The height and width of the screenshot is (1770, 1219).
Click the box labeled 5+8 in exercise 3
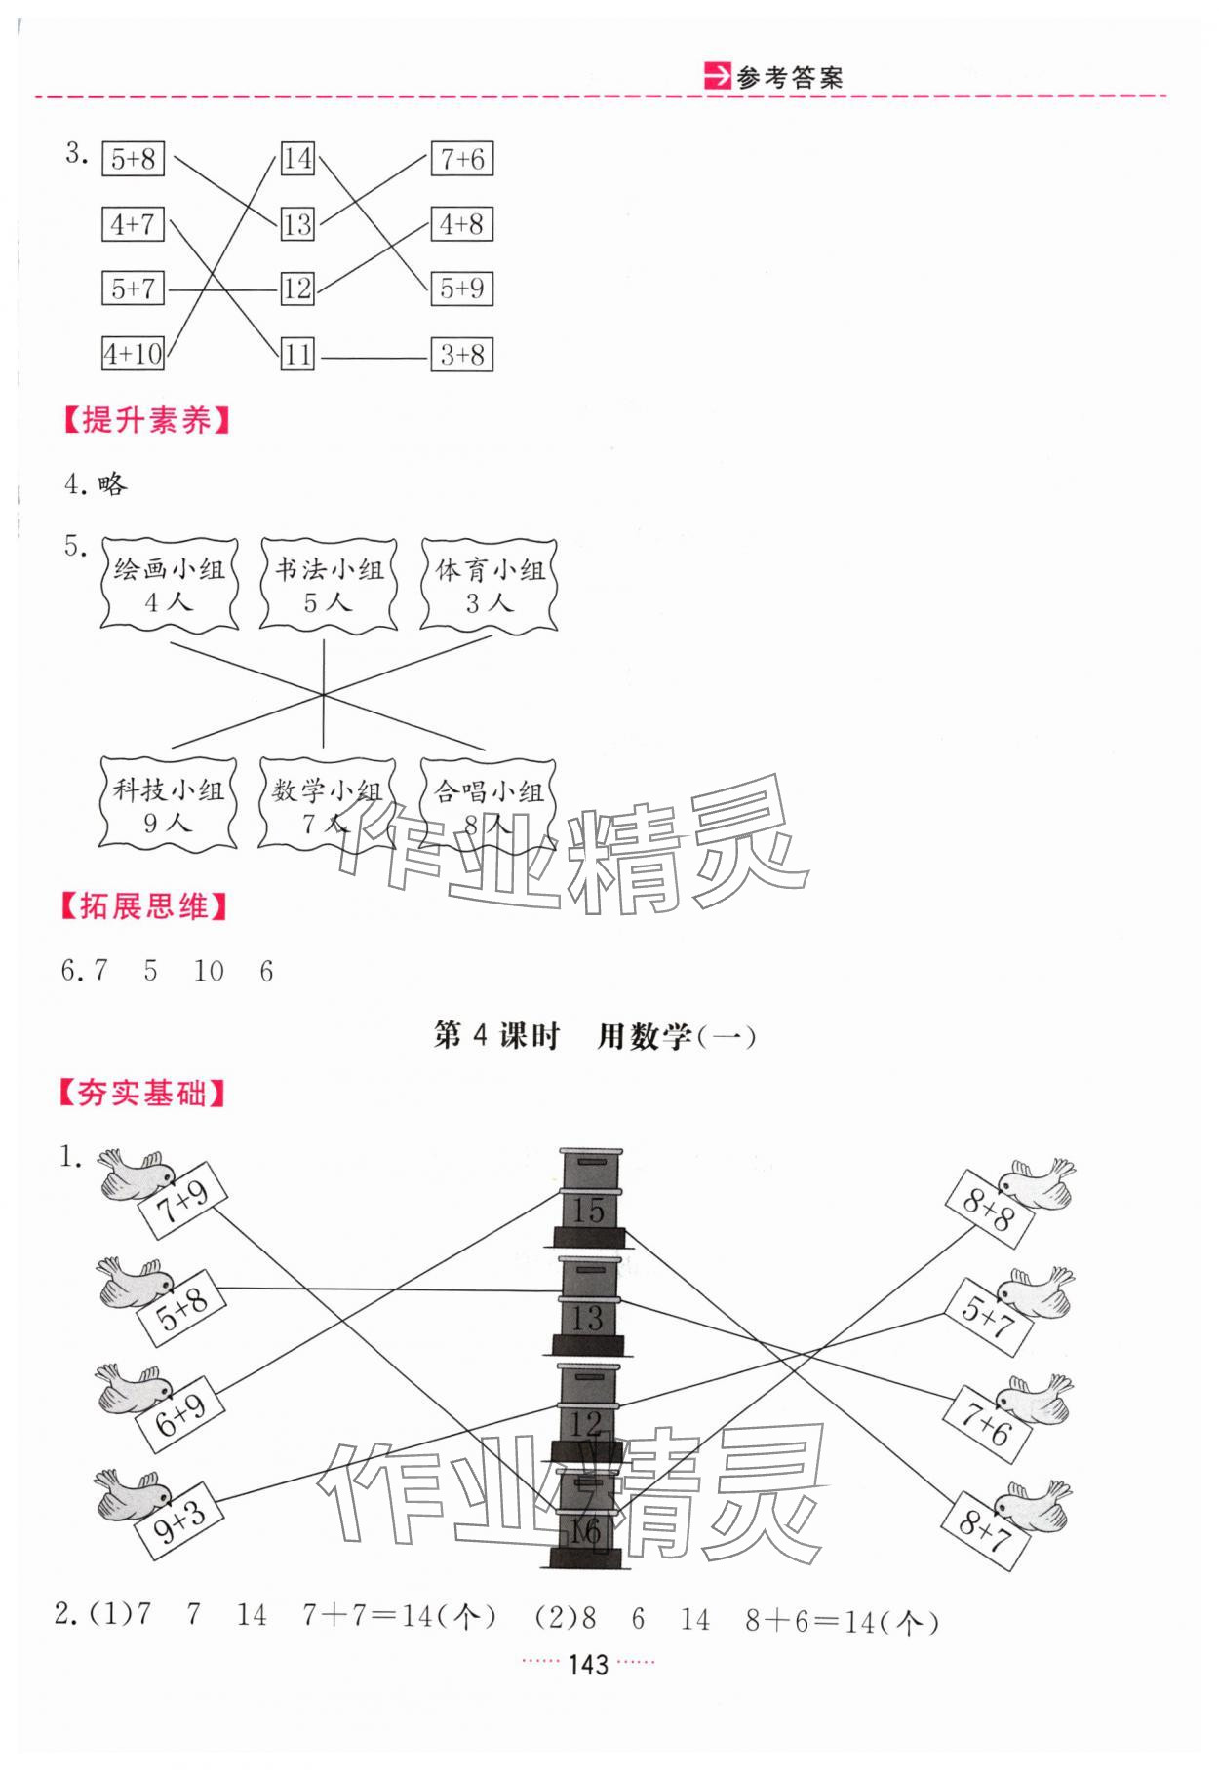pyautogui.click(x=133, y=159)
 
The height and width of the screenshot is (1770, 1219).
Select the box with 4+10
pyautogui.click(x=134, y=353)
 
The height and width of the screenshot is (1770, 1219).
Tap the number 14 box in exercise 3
pyautogui.click(x=297, y=159)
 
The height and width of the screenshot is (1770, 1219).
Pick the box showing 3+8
pyautogui.click(x=461, y=355)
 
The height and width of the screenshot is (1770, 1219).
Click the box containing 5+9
pyautogui.click(x=461, y=289)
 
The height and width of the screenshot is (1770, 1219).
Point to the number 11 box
pyautogui.click(x=297, y=354)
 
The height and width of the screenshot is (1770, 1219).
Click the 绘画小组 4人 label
pyautogui.click(x=169, y=585)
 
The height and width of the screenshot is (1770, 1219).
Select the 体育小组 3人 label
pyautogui.click(x=490, y=585)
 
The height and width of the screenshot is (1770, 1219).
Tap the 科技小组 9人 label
pyautogui.click(x=169, y=804)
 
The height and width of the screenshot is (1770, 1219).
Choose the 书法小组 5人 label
pyautogui.click(x=329, y=585)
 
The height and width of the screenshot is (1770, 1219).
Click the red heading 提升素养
pyautogui.click(x=146, y=421)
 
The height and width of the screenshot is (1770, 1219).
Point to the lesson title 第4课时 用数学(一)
pyautogui.click(x=595, y=1036)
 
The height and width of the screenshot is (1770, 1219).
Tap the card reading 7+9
pyautogui.click(x=182, y=1198)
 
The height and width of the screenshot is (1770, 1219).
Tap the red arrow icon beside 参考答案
pyautogui.click(x=717, y=77)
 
